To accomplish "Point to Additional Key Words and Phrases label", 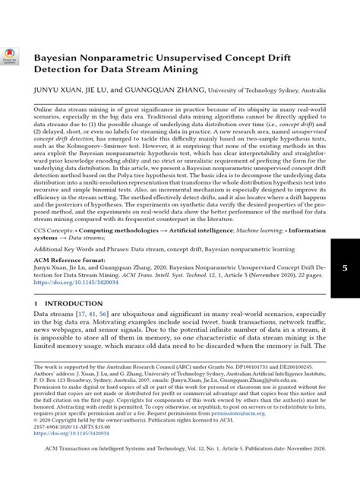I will tap(84, 248).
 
